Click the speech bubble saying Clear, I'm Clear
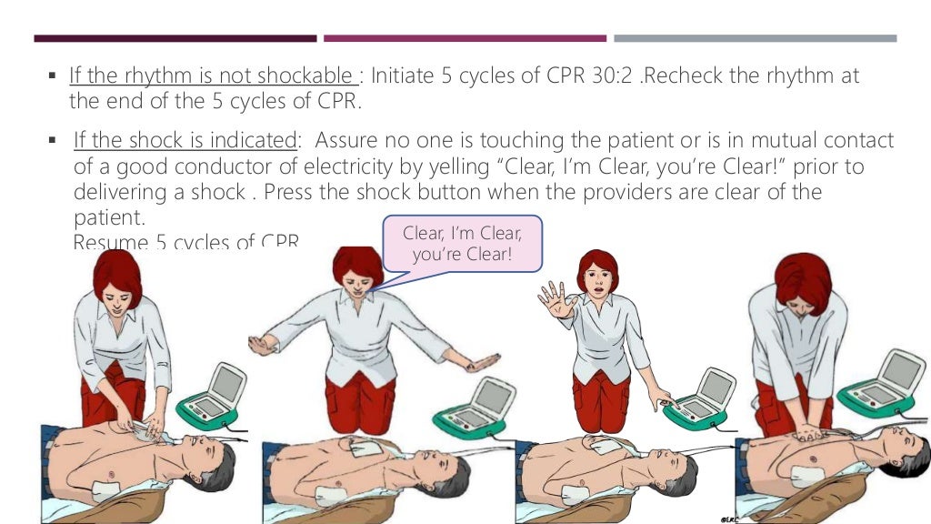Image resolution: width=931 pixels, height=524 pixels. [462, 242]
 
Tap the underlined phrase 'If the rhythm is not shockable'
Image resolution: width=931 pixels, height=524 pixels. [212, 76]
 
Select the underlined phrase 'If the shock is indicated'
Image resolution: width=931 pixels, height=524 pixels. [185, 141]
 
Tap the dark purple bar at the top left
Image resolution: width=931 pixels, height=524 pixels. [175, 38]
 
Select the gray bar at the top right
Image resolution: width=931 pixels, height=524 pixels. [755, 38]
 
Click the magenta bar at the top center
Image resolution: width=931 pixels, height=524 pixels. [465, 38]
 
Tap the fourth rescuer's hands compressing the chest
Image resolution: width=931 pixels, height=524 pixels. [809, 432]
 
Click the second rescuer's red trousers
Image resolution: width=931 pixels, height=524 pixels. [361, 400]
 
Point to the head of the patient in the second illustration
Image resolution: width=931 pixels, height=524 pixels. [447, 472]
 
